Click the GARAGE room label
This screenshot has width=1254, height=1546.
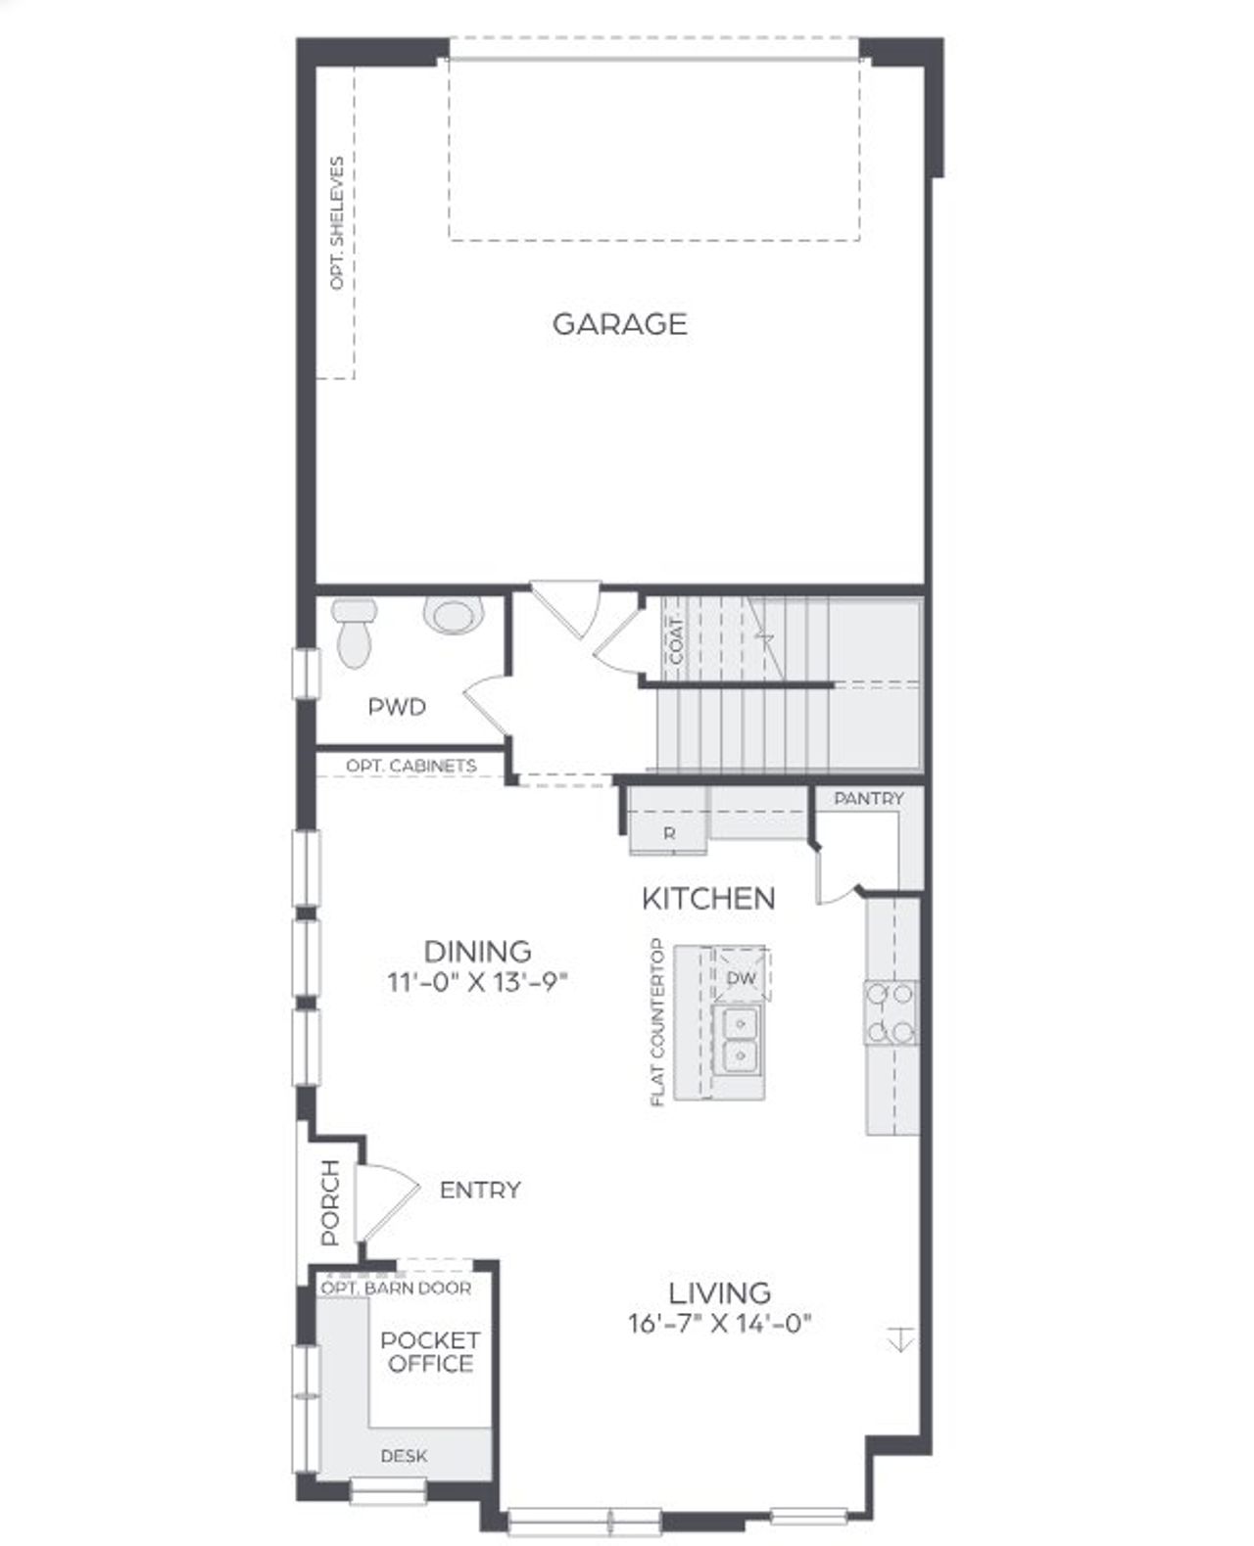pyautogui.click(x=619, y=324)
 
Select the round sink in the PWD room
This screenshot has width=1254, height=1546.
pyautogui.click(x=454, y=616)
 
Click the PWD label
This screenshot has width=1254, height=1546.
pyautogui.click(x=397, y=706)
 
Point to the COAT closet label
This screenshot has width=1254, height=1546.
pyautogui.click(x=676, y=640)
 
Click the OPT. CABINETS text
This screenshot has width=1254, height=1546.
pyautogui.click(x=411, y=766)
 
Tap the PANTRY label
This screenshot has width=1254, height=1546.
pyautogui.click(x=869, y=799)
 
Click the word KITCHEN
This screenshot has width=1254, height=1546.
pyautogui.click(x=708, y=898)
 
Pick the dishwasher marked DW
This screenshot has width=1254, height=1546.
pyautogui.click(x=742, y=977)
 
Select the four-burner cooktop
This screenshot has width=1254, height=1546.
pyautogui.click(x=891, y=1012)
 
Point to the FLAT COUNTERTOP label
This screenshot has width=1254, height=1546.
pyautogui.click(x=657, y=1023)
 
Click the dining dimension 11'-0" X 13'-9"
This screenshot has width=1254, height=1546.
pyautogui.click(x=478, y=981)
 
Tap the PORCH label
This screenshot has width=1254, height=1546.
pyautogui.click(x=330, y=1202)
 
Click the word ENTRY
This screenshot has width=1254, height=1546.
pyautogui.click(x=480, y=1191)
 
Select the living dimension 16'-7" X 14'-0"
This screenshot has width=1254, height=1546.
pyautogui.click(x=720, y=1325)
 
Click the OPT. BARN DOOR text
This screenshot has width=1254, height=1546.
pyautogui.click(x=397, y=1288)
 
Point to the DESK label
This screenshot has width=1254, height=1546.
pyautogui.click(x=404, y=1456)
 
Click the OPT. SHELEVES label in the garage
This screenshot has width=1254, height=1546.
pyautogui.click(x=337, y=222)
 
